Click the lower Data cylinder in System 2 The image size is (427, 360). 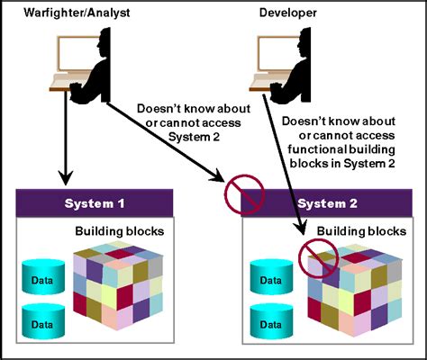271,319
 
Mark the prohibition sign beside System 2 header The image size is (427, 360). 246,193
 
